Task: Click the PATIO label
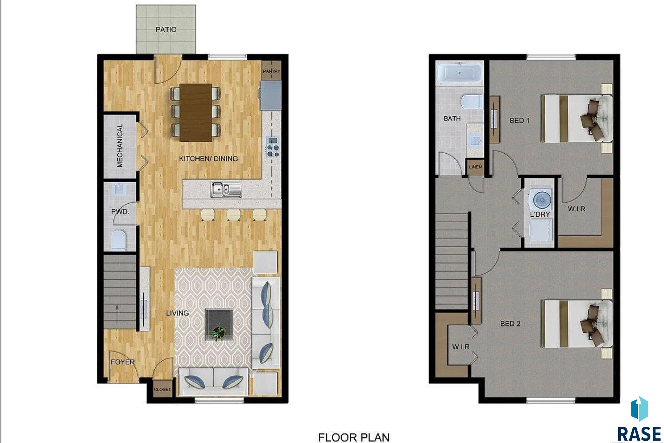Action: (166, 30)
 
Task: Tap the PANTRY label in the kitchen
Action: (271, 71)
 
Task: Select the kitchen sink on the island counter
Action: (226, 189)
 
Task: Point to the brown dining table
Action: (196, 113)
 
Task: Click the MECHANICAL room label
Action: (120, 145)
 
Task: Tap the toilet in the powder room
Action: (118, 240)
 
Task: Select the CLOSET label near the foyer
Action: (162, 389)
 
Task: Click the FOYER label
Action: (123, 362)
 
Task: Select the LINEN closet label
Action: (475, 167)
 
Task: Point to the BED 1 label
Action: (519, 120)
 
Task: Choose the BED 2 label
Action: (510, 323)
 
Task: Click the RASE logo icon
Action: (639, 409)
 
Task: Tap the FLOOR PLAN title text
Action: (354, 437)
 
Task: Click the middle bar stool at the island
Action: (233, 215)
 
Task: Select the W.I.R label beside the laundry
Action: (576, 209)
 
